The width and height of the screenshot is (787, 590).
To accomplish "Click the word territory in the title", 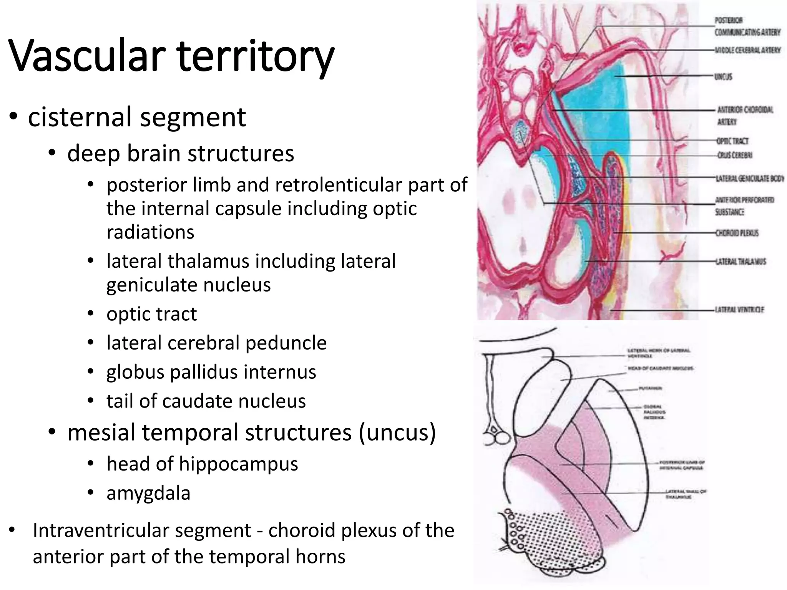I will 256,57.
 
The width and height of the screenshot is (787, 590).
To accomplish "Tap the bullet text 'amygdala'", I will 148,493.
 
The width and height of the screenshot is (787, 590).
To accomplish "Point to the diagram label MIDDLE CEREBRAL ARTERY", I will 747,50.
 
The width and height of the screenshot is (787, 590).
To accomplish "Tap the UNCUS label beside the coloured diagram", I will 723,77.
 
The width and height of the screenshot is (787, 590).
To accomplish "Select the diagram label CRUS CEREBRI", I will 735,155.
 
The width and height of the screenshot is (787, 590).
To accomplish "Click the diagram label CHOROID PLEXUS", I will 737,233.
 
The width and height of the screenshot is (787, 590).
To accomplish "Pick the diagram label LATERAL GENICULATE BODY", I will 749,179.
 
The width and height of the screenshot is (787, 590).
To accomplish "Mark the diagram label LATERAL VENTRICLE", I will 739,309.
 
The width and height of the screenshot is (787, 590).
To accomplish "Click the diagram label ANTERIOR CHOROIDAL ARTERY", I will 745,116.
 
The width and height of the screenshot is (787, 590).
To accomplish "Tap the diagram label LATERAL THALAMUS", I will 740,262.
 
